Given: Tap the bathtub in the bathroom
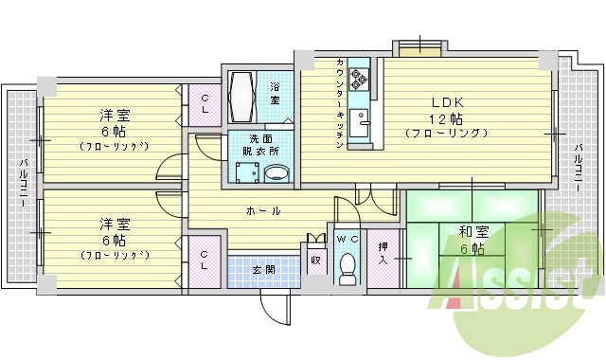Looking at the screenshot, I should tap(241, 95).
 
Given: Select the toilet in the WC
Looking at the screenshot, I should tap(347, 265).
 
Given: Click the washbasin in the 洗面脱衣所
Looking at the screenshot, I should tap(276, 172).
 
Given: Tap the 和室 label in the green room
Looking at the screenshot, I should tap(472, 232).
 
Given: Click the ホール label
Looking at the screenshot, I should tap(262, 209).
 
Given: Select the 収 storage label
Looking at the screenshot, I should tap(315, 258).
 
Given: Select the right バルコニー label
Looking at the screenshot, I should tap(579, 167).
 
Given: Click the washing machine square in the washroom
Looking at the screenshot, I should tap(247, 173).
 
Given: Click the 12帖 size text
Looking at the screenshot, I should tap(447, 118).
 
